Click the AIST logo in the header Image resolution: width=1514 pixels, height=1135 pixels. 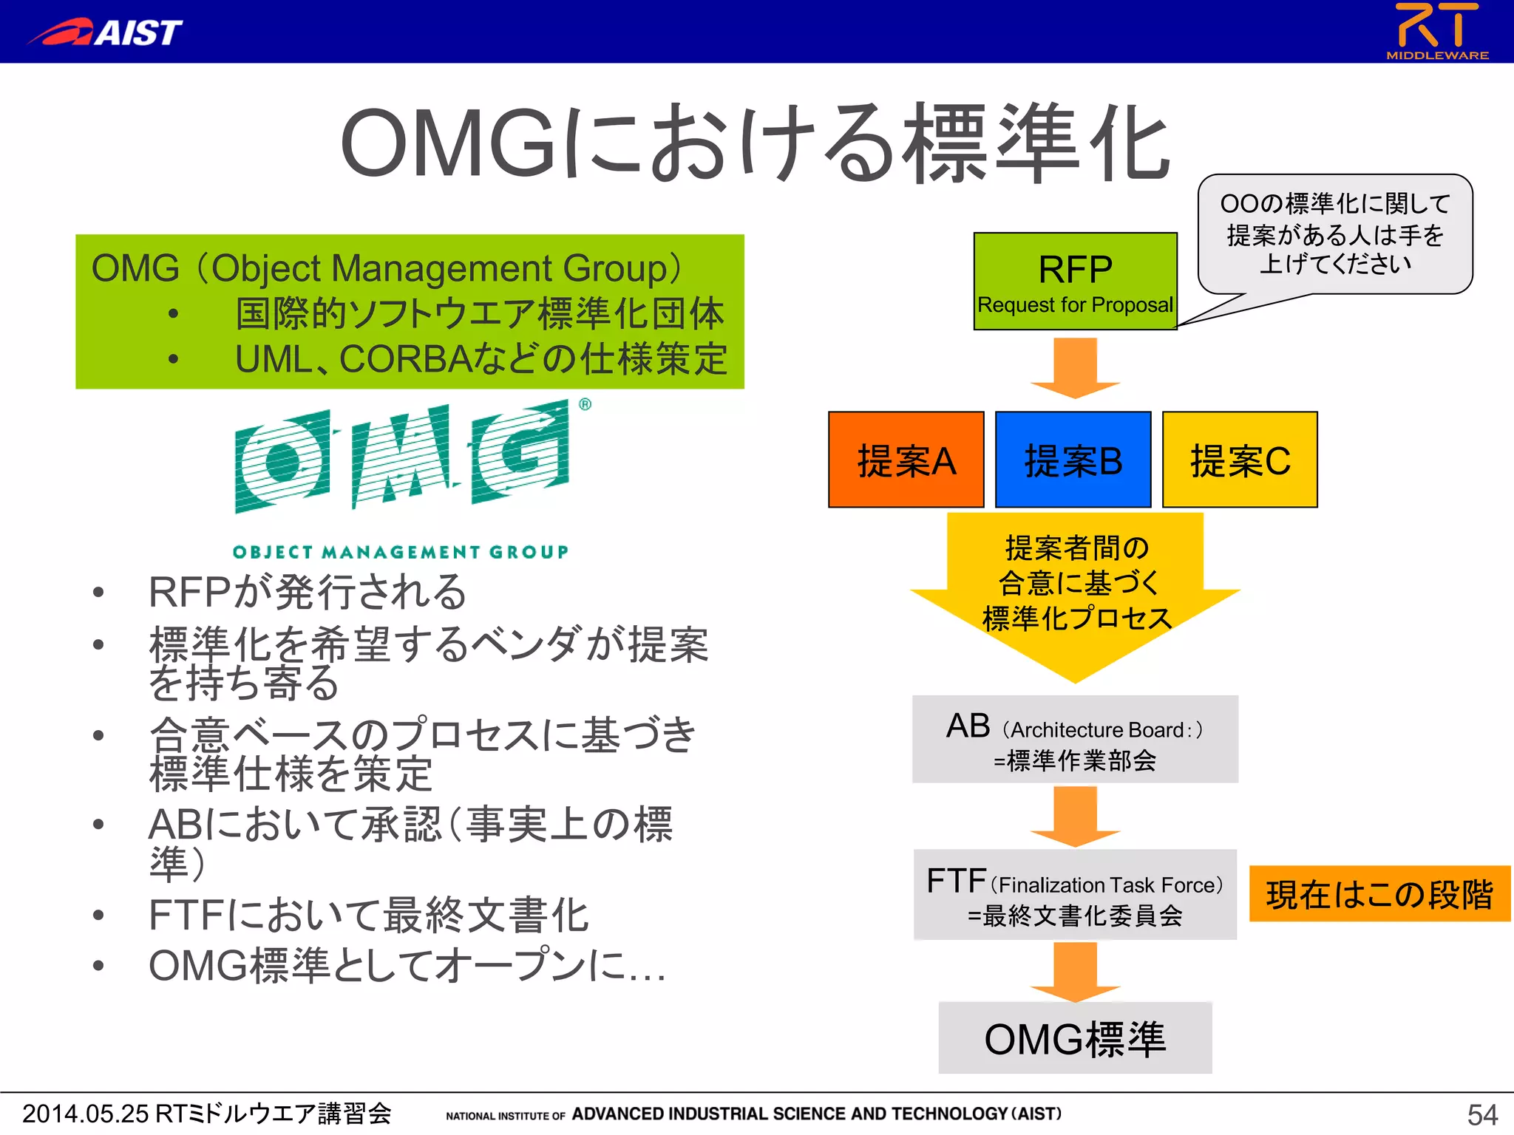[x=105, y=32]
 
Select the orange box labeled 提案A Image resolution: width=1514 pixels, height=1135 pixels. [x=906, y=460]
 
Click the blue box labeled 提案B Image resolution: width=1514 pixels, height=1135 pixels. [x=1073, y=460]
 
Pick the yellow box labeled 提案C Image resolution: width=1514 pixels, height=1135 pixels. [x=1240, y=460]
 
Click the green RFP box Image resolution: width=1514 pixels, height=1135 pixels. [x=1075, y=282]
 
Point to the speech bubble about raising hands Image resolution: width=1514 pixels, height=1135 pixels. [x=1334, y=234]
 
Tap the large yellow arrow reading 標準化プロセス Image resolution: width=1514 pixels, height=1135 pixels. [x=1076, y=591]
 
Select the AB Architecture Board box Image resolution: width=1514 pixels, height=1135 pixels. [x=1075, y=739]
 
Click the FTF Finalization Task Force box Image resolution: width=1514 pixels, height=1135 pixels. [x=1075, y=895]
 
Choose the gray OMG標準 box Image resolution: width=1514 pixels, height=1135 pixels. [x=1075, y=1038]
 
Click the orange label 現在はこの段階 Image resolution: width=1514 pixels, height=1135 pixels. [x=1379, y=894]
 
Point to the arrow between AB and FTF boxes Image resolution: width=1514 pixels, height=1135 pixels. [x=1075, y=816]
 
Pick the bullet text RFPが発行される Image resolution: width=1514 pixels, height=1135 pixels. [x=308, y=592]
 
